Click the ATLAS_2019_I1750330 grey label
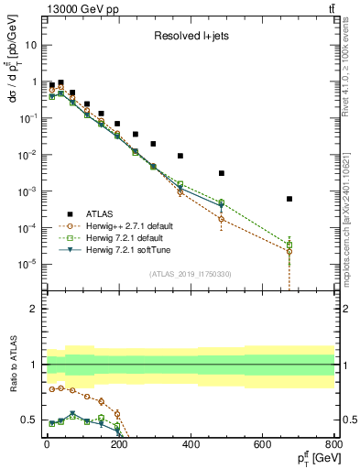[191, 273]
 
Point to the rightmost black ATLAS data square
[289, 199]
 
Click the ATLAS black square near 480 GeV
[222, 173]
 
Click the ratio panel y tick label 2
[35, 309]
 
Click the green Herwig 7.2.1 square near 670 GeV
[289, 245]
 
